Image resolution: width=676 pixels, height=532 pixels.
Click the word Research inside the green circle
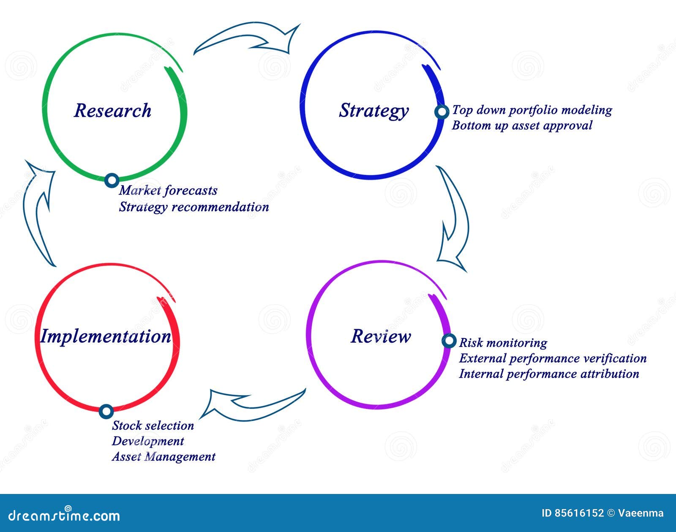tap(112, 111)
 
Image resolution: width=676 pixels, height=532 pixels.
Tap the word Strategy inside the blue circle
tap(374, 111)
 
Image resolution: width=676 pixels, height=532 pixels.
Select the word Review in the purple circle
tap(381, 336)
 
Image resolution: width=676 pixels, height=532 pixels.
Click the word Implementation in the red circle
tap(106, 336)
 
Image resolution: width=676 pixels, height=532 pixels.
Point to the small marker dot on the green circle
tap(112, 180)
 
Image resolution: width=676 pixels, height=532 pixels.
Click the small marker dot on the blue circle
tap(442, 112)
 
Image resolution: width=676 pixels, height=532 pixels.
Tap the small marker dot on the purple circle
tap(449, 341)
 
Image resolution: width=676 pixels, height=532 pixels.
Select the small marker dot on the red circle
tap(106, 411)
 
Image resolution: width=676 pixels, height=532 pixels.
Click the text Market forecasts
tap(168, 191)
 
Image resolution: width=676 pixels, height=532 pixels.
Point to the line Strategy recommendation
tap(194, 207)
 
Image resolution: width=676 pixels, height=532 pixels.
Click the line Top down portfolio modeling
tap(532, 110)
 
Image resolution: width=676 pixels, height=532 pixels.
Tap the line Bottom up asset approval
tap(522, 125)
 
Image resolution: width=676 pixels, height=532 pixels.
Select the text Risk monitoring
tap(503, 342)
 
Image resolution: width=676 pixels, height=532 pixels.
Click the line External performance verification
tap(553, 358)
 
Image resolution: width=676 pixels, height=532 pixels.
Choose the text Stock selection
tap(153, 426)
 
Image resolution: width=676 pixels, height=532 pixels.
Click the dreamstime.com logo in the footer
tap(64, 515)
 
